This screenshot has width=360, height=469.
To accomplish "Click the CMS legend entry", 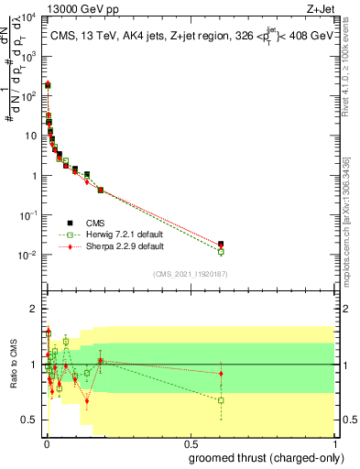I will (x=95, y=222).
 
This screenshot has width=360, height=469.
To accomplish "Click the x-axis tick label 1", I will (x=335, y=442).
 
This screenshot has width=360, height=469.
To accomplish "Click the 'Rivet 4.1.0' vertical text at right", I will (x=346, y=55).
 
